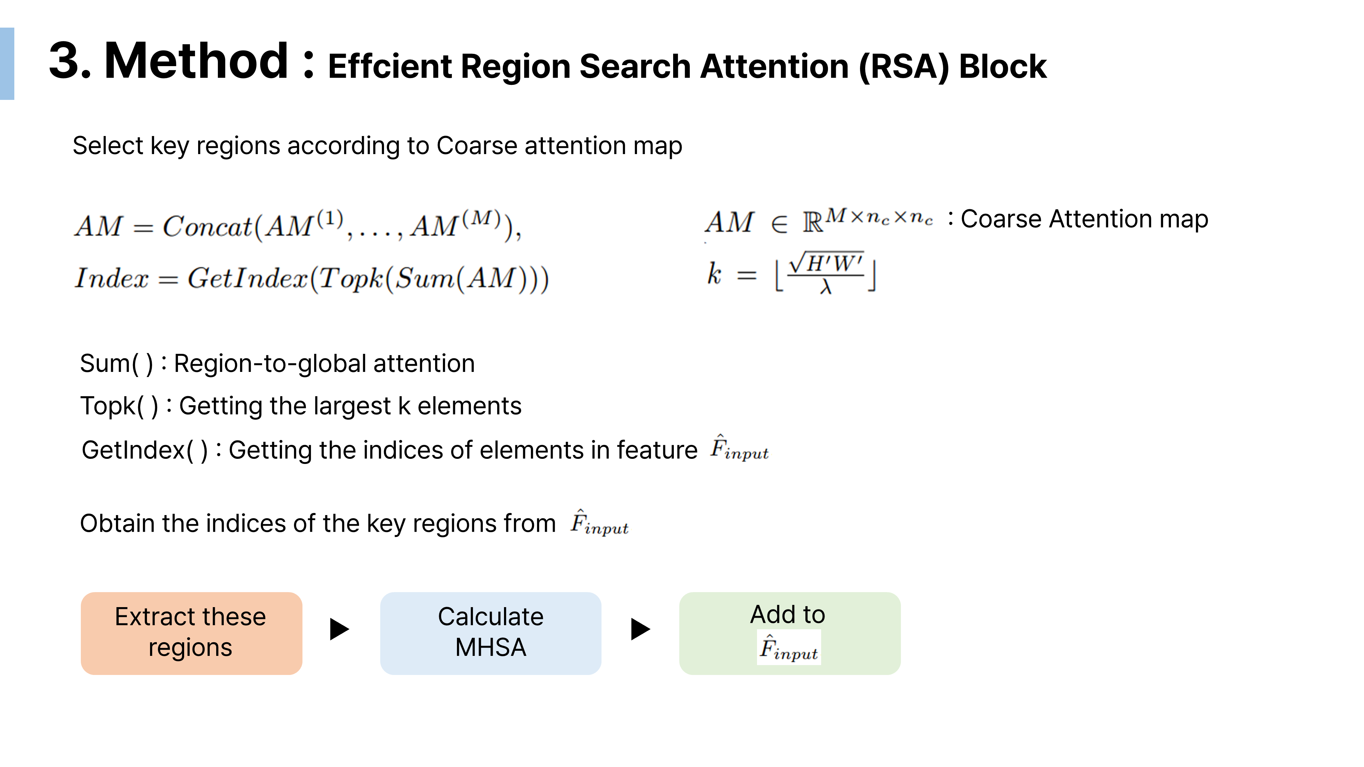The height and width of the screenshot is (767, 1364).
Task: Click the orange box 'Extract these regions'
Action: pos(191,633)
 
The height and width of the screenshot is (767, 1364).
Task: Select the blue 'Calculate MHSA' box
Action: pos(490,633)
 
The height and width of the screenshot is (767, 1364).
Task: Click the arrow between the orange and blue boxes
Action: pos(339,629)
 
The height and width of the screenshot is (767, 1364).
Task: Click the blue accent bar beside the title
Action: pos(7,63)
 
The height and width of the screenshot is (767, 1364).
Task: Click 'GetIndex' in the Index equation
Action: pos(247,278)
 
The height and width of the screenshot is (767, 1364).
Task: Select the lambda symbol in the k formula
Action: pos(826,287)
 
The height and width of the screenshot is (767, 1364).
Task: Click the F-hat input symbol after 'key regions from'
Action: pos(599,523)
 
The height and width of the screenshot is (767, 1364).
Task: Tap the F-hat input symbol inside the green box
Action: pos(788,648)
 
